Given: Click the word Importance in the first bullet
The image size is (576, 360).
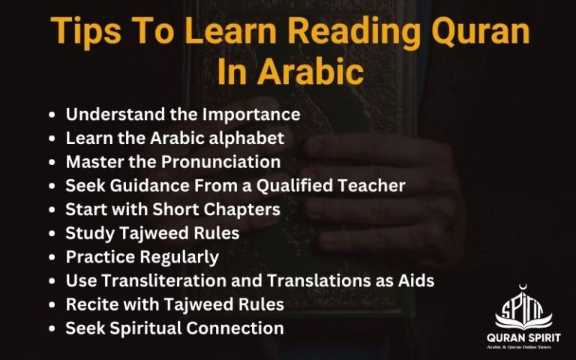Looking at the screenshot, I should (254, 115).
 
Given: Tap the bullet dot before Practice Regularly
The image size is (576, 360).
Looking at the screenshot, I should (51, 257).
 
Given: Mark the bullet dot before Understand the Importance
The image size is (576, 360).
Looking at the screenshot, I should (51, 115).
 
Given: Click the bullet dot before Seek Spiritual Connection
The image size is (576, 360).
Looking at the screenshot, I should (51, 328).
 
